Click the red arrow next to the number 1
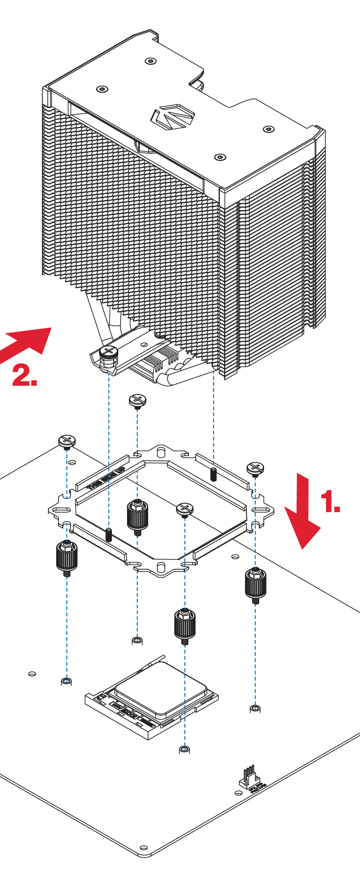pyautogui.click(x=303, y=513)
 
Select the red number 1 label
pyautogui.click(x=330, y=502)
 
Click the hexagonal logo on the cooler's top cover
pyautogui.click(x=172, y=117)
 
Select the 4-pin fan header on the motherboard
pyautogui.click(x=249, y=779)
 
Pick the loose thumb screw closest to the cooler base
pyautogui.click(x=138, y=400)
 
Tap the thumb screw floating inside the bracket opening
pyautogui.click(x=184, y=510)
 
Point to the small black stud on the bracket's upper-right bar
pyautogui.click(x=214, y=474)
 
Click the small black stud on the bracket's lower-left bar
pyautogui.click(x=109, y=535)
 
